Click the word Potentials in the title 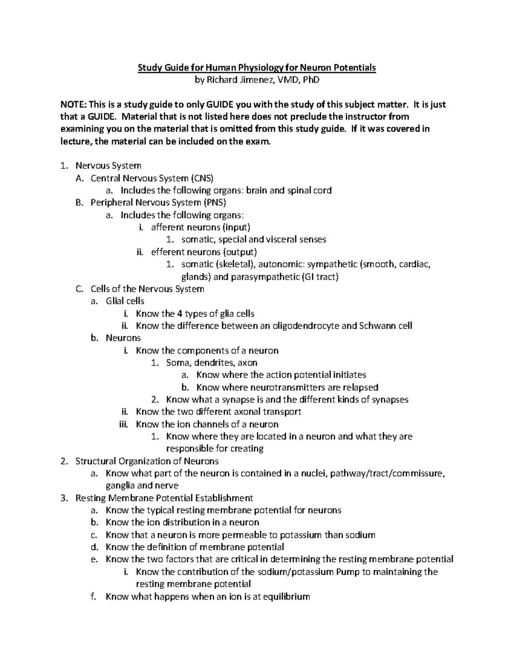(x=354, y=68)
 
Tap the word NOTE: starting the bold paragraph (x=74, y=104)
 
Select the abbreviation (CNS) (x=201, y=178)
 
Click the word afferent (x=167, y=227)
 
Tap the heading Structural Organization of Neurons (x=147, y=461)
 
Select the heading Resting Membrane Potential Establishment (x=164, y=498)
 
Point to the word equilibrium (x=286, y=596)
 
